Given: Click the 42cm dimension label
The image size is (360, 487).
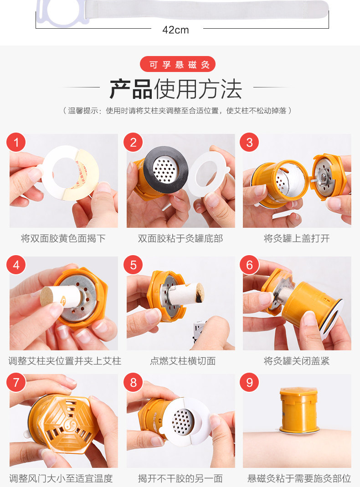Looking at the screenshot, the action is [x=175, y=30].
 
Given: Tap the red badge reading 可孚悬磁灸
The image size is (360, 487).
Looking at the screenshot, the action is [x=178, y=64].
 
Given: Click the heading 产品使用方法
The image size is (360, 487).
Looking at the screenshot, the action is [x=176, y=89].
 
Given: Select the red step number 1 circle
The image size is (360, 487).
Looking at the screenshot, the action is [x=16, y=142].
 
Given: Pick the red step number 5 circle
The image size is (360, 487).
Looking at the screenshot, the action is [x=133, y=265].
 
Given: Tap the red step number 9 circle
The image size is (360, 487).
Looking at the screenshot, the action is [x=249, y=382].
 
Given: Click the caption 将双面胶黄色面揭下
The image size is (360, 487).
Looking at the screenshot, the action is [x=63, y=239].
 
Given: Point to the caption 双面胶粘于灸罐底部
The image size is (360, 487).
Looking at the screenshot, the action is [x=180, y=239].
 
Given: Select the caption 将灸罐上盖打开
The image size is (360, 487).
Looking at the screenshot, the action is [x=297, y=239].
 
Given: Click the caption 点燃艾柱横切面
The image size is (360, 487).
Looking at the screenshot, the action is [x=183, y=361].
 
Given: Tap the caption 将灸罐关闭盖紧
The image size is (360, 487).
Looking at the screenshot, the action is [x=297, y=361].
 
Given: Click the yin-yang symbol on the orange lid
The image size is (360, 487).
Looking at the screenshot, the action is [x=69, y=424].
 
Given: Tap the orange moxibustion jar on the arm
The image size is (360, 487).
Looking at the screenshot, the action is [x=298, y=410].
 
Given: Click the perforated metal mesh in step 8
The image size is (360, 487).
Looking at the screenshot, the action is [x=183, y=421].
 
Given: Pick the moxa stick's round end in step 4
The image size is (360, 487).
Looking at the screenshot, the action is [x=46, y=296].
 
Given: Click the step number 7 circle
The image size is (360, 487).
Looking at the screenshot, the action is [x=16, y=382].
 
